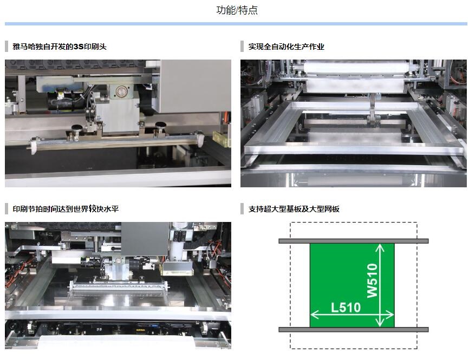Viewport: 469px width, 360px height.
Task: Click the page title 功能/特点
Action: (237, 10)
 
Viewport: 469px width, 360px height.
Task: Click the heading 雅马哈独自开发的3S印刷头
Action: (60, 47)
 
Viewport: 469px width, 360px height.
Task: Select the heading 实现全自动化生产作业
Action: (286, 47)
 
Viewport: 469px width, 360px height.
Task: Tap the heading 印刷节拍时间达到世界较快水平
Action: (66, 209)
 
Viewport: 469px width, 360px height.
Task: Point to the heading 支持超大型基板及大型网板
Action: (294, 209)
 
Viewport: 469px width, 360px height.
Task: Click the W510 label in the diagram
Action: (373, 280)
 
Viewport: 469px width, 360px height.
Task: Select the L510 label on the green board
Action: (346, 307)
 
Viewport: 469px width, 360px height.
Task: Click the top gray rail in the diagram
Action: (354, 241)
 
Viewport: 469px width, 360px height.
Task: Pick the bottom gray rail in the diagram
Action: (354, 330)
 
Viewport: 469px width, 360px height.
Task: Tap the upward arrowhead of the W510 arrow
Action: (380, 247)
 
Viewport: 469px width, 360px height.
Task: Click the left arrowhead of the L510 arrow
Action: (314, 315)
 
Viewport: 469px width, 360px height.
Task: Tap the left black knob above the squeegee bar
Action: (76, 127)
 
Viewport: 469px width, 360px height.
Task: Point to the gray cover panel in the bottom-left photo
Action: (146, 239)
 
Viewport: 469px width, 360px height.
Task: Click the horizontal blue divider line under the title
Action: (236, 24)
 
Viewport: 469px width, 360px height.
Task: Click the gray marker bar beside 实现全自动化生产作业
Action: (242, 47)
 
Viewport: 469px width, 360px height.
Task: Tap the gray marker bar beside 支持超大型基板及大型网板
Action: (242, 209)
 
